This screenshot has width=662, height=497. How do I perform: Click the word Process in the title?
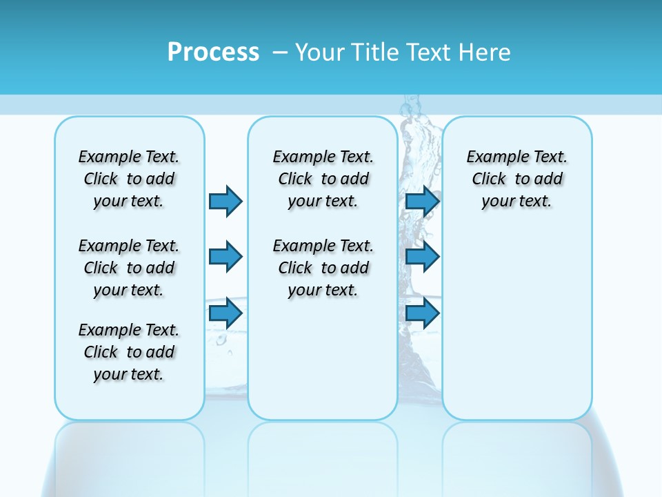coord(212,52)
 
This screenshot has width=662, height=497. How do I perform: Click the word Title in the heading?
coord(374,52)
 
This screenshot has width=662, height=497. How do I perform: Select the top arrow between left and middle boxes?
coord(225,201)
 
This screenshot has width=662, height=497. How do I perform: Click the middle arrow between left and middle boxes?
coord(225,257)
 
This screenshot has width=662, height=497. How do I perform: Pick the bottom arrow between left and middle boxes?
coord(225,313)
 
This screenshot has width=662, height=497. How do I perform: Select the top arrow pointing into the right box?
coord(422,201)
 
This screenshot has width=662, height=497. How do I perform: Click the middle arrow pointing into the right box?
coord(422,257)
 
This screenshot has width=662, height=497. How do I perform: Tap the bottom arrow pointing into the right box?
coord(422,313)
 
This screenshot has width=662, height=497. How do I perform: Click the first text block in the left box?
coord(129,179)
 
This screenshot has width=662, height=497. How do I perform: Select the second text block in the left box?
coord(129,268)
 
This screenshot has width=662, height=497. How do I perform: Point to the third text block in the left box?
coord(129,352)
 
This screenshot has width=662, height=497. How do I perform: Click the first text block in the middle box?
coord(323,179)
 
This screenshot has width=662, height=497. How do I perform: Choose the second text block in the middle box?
coord(323,268)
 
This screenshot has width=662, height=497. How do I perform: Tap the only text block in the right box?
coord(516,179)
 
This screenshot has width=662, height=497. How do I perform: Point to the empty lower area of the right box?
coord(516,324)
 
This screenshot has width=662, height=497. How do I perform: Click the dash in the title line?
coord(280,52)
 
